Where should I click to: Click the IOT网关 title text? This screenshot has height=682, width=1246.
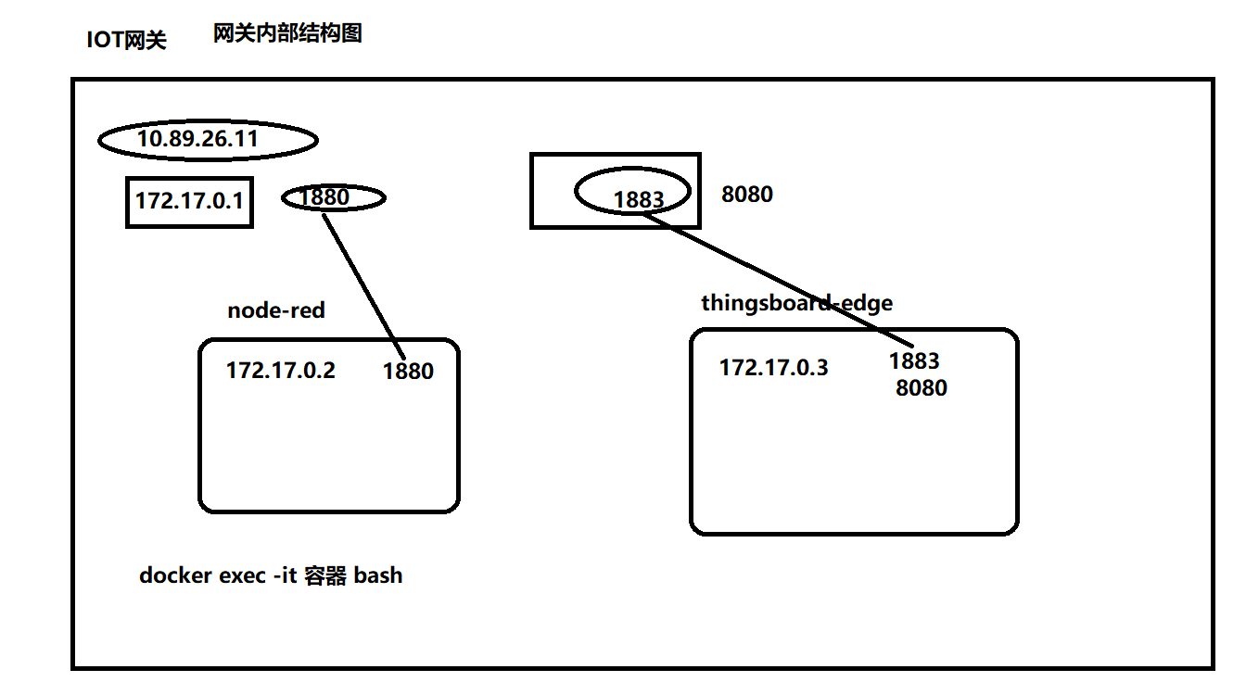pyautogui.click(x=126, y=40)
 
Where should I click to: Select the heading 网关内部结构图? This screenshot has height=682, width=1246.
pyautogui.click(x=286, y=34)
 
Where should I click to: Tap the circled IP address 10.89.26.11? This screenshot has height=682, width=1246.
pyautogui.click(x=197, y=140)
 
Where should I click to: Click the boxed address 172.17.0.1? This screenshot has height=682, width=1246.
pyautogui.click(x=188, y=201)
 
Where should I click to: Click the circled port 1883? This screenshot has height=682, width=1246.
pyautogui.click(x=638, y=199)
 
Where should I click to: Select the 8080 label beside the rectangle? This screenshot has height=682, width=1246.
pyautogui.click(x=746, y=195)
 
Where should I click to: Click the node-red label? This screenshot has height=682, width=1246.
pyautogui.click(x=276, y=310)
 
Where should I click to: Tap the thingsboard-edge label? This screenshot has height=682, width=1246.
pyautogui.click(x=796, y=303)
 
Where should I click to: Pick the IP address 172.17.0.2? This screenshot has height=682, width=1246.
pyautogui.click(x=281, y=371)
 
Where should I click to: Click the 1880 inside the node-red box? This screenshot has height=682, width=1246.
pyautogui.click(x=408, y=372)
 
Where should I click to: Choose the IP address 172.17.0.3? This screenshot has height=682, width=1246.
pyautogui.click(x=774, y=368)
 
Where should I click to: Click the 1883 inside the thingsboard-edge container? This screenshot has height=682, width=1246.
pyautogui.click(x=913, y=361)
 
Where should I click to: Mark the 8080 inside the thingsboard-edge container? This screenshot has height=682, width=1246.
pyautogui.click(x=921, y=388)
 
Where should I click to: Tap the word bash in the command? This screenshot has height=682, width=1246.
pyautogui.click(x=378, y=575)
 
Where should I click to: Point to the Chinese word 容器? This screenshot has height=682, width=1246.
pyautogui.click(x=324, y=575)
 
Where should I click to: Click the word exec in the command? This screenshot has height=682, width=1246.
pyautogui.click(x=242, y=575)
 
